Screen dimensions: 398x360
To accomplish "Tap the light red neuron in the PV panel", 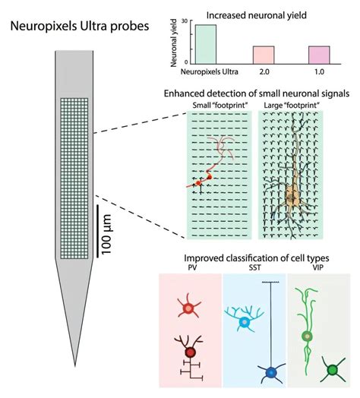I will (x=189, y=308).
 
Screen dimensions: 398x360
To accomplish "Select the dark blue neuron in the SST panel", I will (x=271, y=372).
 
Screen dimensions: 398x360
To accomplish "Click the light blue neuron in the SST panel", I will (x=244, y=322).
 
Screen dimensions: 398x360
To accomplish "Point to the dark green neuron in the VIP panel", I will (x=331, y=371).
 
